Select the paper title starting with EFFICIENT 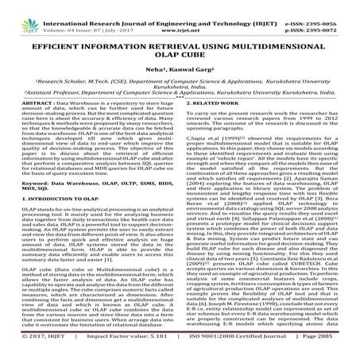(180, 50)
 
